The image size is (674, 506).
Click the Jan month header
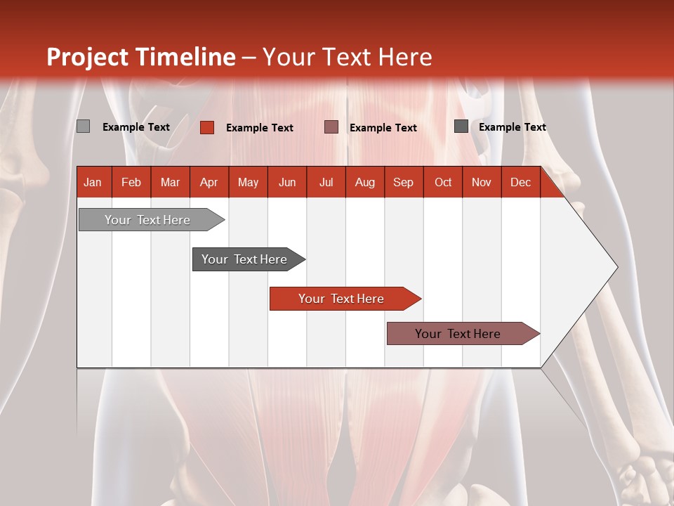[x=93, y=183]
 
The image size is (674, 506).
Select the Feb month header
[x=131, y=183]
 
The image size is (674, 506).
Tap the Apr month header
[x=209, y=183]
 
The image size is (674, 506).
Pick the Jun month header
[x=287, y=183]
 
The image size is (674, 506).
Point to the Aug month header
[x=364, y=183]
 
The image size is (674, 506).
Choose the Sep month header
[x=403, y=183]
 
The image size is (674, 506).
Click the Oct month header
[x=443, y=183]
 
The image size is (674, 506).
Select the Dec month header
[x=520, y=183]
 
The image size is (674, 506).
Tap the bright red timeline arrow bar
[x=342, y=299]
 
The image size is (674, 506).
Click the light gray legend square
[x=83, y=126]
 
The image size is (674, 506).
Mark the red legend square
[x=206, y=127]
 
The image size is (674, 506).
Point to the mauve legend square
[x=331, y=127]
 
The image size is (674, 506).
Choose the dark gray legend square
[x=461, y=126]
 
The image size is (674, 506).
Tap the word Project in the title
[x=88, y=57]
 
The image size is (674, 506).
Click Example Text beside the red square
[x=259, y=128]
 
